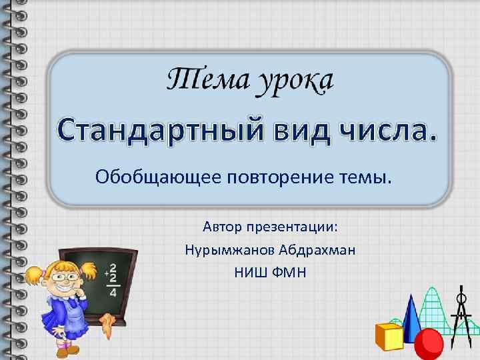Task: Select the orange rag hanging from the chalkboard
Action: tap(107, 324)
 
